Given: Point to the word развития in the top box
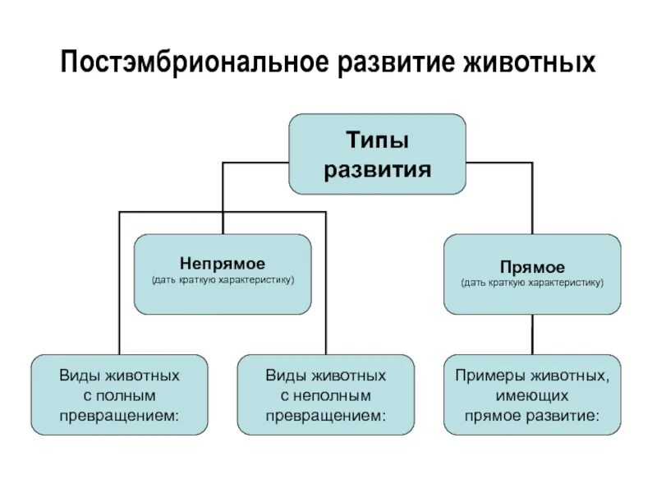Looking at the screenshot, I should point(377,170).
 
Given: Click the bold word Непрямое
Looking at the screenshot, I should point(223,264).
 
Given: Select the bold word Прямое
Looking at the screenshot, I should point(532,267).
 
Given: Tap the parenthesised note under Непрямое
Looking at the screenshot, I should point(223,281).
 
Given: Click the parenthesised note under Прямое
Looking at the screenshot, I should point(532,283).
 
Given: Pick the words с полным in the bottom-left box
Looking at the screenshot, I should point(119,395).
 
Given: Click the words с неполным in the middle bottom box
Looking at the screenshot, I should point(326,395).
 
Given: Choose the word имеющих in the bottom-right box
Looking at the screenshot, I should point(532,395).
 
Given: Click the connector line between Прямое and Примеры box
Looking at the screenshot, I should point(532,334).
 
